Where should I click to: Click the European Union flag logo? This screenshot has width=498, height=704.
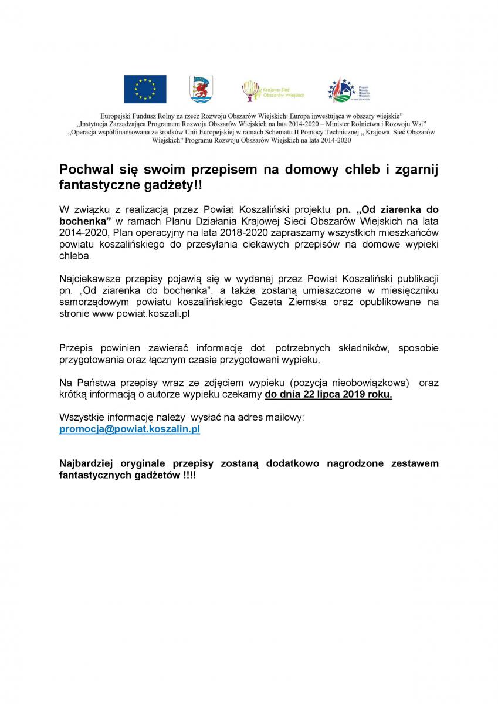[145, 89]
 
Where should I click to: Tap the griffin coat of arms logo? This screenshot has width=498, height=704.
[201, 89]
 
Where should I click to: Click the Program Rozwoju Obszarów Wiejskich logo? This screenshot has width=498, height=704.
[348, 90]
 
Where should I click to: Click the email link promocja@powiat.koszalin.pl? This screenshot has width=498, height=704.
[130, 429]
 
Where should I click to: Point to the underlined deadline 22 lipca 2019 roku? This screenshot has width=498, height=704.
[328, 395]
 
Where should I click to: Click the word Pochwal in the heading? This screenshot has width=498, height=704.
[86, 170]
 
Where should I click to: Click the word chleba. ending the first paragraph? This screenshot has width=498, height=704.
[76, 256]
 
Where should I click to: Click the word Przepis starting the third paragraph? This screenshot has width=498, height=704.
[76, 348]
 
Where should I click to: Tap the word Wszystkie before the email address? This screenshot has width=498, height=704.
[82, 418]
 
